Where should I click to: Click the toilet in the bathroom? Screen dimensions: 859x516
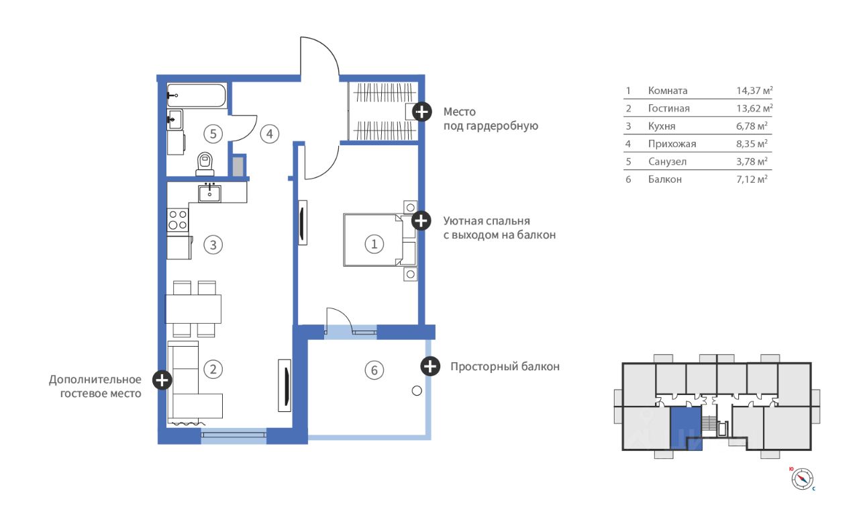tap(205, 164)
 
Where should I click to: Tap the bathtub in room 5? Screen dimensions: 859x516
tap(197, 95)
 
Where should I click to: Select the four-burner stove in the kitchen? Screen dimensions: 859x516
tap(178, 220)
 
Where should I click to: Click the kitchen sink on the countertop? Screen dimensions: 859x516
tap(209, 193)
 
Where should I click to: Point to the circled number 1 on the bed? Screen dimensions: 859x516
tap(374, 244)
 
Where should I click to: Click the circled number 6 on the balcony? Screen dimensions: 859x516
tap(374, 370)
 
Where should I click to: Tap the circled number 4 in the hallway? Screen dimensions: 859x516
tap(270, 134)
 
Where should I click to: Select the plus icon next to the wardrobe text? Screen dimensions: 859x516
tap(422, 112)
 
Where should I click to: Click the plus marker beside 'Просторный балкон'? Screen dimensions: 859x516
tap(430, 366)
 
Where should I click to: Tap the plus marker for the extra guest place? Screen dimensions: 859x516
tap(162, 380)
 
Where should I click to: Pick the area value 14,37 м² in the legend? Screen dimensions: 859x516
tap(754, 91)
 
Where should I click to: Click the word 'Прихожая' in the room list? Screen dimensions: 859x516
tap(672, 144)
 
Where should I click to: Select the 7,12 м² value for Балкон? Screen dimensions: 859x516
tap(752, 179)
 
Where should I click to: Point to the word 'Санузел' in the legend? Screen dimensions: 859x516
tap(667, 162)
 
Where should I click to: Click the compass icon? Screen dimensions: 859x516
tap(802, 479)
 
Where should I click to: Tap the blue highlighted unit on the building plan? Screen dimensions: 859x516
tap(685, 428)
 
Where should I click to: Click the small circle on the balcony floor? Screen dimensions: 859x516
tap(417, 391)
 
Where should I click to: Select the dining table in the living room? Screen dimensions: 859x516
tap(193, 309)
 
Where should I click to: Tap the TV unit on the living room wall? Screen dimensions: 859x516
tap(285, 386)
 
